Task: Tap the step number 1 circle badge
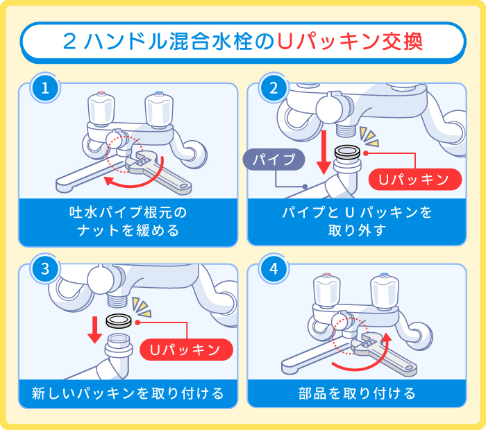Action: (x=44, y=88)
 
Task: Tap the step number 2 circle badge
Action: (x=273, y=88)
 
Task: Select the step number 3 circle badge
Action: (x=44, y=270)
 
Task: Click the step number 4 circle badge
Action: (x=273, y=270)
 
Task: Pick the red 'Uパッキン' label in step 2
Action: (x=414, y=179)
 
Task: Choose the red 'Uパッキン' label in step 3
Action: (x=185, y=350)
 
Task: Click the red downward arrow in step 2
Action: (x=322, y=153)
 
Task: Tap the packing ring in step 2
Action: (x=347, y=150)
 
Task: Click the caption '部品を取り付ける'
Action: (x=356, y=394)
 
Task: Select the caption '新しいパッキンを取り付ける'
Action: (x=128, y=394)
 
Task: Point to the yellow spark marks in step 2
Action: (x=372, y=135)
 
